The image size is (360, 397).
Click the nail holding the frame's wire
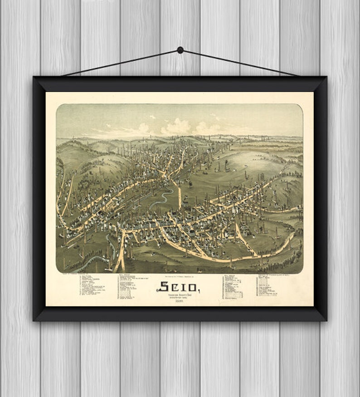click(180, 50)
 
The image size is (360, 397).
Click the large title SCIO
click(178, 287)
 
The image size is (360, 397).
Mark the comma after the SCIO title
click(198, 290)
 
